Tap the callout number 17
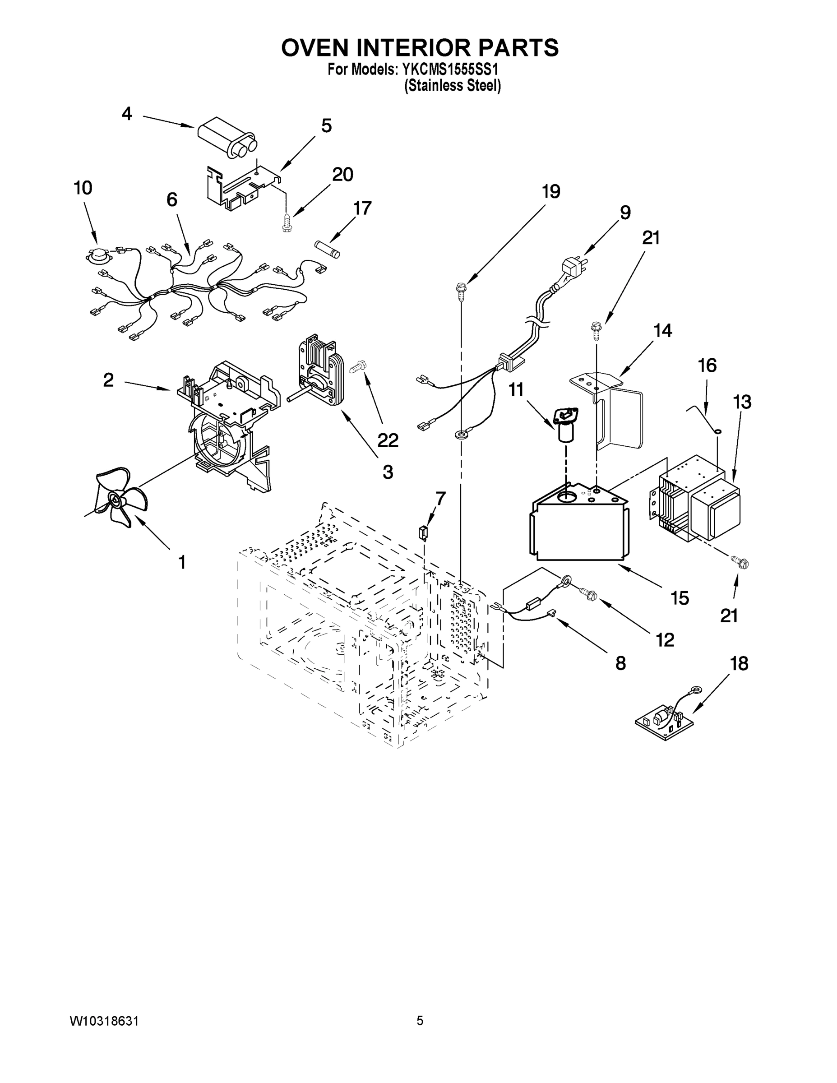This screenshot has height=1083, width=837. point(362,208)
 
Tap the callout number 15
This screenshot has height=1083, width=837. point(680,598)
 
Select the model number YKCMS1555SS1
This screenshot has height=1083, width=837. point(446,70)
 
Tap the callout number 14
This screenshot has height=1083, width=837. point(663,330)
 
